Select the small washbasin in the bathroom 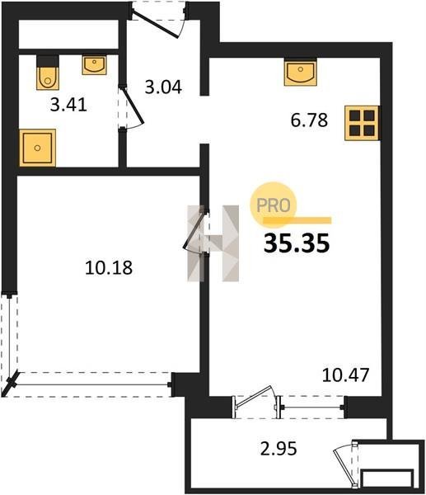coord(94,64)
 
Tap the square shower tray coord(38,148)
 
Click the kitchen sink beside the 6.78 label coord(300,73)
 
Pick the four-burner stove coord(362,123)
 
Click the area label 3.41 coord(68,105)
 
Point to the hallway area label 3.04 coord(163,87)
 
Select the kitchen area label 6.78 coord(309,120)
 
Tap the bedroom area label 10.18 coord(109,267)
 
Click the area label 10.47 coord(345,375)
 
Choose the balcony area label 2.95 coord(279,449)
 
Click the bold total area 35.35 coord(297,243)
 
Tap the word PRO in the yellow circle coord(273,205)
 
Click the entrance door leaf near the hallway coord(155,24)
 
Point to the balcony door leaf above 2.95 coord(254,396)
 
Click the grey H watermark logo coord(213,243)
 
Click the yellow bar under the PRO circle coord(297,220)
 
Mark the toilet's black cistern coord(48,61)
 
